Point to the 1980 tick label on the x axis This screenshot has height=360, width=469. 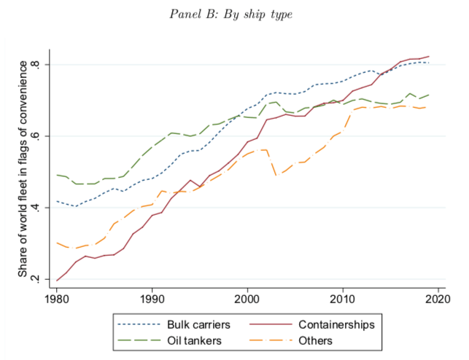57,299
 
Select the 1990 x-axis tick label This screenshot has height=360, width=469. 152,299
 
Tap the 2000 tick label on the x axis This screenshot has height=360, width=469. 247,299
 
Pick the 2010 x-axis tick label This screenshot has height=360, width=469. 343,299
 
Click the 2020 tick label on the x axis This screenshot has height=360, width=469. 438,299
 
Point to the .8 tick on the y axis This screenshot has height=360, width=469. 43,65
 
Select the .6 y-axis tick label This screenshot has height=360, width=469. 43,136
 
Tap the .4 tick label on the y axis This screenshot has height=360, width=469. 43,208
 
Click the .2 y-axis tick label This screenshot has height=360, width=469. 43,279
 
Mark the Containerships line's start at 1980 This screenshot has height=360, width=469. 57,280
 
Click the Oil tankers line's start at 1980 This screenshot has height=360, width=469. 57,175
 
